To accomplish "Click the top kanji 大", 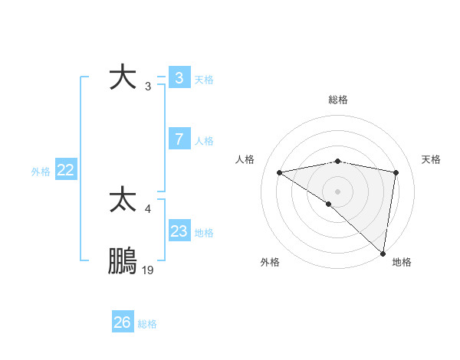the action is point(123,78).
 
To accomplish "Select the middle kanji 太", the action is point(123,200).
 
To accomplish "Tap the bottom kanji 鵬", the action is point(123,262).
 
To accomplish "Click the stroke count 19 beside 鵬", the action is point(148,270).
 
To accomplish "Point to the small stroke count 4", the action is point(148,208).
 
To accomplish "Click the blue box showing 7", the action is point(179,139).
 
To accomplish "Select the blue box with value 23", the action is point(179,231).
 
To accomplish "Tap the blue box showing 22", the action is point(65,170).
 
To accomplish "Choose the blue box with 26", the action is point(122,322).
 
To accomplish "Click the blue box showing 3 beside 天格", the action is point(179,77).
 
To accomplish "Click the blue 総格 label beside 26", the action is point(147,324).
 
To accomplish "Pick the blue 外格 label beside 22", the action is point(41,172).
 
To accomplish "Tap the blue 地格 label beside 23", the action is point(204,233).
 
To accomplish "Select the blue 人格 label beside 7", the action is point(204,141).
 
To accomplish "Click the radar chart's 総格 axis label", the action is point(337,100).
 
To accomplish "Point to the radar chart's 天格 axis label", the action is point(431,159).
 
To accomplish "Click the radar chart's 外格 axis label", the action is point(270,263).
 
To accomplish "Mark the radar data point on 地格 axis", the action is point(383,253).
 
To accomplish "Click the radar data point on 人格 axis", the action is point(280,172).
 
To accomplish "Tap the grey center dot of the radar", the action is point(337,190).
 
